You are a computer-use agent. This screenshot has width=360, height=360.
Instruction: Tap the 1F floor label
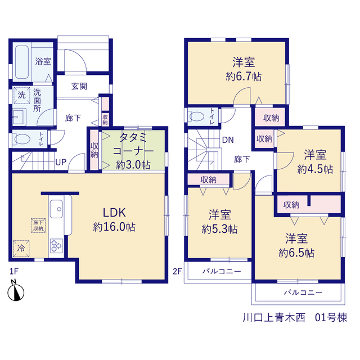(x=13, y=271)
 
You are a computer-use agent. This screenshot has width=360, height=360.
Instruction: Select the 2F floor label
(x=177, y=271)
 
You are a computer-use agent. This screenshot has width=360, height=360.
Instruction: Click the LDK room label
(x=114, y=213)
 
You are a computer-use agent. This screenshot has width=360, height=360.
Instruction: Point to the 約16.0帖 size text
(x=114, y=227)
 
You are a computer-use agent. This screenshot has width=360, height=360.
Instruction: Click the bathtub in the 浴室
(x=22, y=62)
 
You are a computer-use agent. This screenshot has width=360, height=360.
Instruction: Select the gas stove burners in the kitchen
(x=56, y=245)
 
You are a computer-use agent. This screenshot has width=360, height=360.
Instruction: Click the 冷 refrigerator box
(x=21, y=248)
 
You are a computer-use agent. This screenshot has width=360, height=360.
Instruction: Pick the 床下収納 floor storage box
(x=38, y=225)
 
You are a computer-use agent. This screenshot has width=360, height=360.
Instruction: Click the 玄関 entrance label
(x=79, y=86)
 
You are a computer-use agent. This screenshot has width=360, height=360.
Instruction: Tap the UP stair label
(x=61, y=163)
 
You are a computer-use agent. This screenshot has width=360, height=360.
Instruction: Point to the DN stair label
(x=228, y=140)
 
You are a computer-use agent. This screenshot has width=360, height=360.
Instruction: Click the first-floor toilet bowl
(x=22, y=139)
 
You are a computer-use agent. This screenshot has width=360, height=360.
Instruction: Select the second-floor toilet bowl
(x=196, y=116)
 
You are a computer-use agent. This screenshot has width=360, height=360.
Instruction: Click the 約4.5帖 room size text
(x=315, y=169)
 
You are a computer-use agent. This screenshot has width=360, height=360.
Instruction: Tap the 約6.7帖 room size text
(x=244, y=76)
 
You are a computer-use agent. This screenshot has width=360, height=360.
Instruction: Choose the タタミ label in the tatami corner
(x=133, y=137)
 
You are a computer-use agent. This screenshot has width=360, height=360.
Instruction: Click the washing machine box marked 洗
(x=21, y=95)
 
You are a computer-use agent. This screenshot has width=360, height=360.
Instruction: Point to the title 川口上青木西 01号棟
(x=295, y=318)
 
